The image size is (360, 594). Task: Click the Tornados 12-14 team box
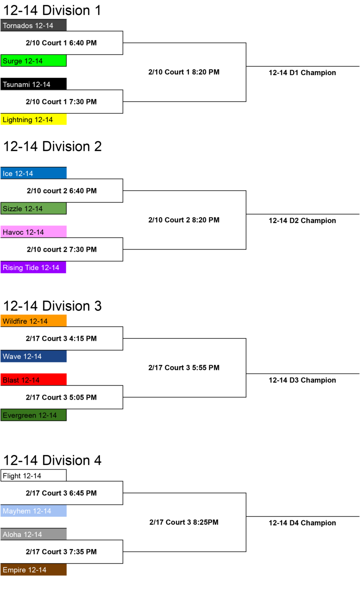tap(33, 25)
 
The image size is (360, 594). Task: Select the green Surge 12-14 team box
tap(33, 61)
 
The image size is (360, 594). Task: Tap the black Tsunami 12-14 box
tap(33, 84)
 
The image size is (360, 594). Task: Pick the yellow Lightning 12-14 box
tap(33, 119)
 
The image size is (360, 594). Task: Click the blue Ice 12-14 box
tap(33, 173)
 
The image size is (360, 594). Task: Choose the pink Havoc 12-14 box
tap(33, 232)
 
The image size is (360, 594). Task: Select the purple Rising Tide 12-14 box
tap(33, 267)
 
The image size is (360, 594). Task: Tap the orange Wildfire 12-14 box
tap(33, 321)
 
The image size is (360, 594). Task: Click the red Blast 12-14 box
tap(33, 379)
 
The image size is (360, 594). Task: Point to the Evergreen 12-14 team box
tap(33, 415)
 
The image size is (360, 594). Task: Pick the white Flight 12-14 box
tap(33, 475)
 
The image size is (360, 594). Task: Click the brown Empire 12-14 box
tap(33, 570)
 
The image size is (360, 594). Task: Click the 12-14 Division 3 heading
tap(53, 306)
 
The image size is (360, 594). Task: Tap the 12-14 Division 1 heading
tap(52, 10)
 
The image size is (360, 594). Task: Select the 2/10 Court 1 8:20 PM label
tap(184, 72)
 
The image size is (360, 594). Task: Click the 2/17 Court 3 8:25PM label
tap(184, 522)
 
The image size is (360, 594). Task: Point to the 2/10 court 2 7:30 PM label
tap(62, 249)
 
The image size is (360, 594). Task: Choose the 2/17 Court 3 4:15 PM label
tap(61, 338)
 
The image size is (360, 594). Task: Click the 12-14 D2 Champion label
tap(302, 221)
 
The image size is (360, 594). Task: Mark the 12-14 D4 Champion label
tap(302, 523)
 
